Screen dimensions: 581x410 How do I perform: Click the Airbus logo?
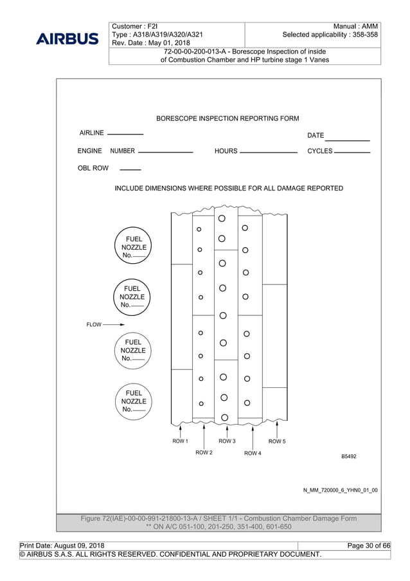tap(67, 39)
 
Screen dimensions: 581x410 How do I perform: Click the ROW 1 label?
tap(180, 441)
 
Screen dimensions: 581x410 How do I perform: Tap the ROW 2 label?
tap(204, 453)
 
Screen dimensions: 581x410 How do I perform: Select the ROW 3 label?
tap(227, 441)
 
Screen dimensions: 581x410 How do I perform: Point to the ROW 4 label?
tap(253, 453)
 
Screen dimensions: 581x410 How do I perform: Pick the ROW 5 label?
tap(277, 441)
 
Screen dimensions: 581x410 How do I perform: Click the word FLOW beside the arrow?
tap(94, 325)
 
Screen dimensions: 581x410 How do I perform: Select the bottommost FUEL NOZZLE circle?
tap(134, 401)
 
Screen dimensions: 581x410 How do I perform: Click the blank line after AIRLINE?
tap(125, 134)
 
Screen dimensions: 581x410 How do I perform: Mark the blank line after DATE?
tap(347, 140)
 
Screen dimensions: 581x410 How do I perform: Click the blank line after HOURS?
tap(268, 152)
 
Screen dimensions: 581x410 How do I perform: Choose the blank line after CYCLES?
tap(353, 152)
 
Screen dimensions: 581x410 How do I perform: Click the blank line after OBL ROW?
tap(130, 170)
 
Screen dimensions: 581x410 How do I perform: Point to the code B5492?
tap(348, 456)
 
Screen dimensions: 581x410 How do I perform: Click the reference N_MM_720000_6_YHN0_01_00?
tap(340, 490)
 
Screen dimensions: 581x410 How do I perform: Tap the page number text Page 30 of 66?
tap(368, 546)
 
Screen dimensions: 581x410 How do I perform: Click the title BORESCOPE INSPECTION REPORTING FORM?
tap(227, 118)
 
